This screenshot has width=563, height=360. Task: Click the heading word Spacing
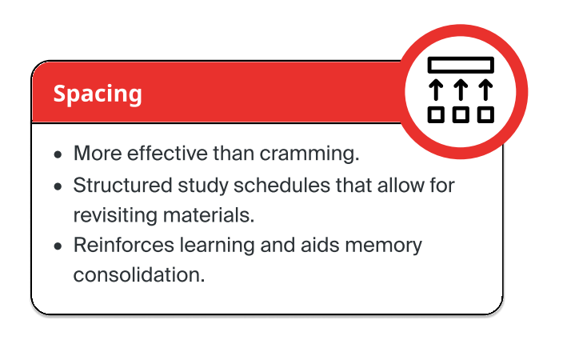tap(98, 94)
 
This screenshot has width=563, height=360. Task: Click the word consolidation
tap(138, 274)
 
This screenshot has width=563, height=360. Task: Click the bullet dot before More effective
tap(57, 154)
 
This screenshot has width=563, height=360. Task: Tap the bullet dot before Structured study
tap(57, 186)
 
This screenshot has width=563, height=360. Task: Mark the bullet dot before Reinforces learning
tap(57, 246)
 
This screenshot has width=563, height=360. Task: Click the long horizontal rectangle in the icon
tap(461, 65)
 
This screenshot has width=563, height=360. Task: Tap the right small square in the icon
tap(485, 114)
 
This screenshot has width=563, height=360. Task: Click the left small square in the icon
tap(436, 114)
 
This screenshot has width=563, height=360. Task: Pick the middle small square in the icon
tap(461, 114)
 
